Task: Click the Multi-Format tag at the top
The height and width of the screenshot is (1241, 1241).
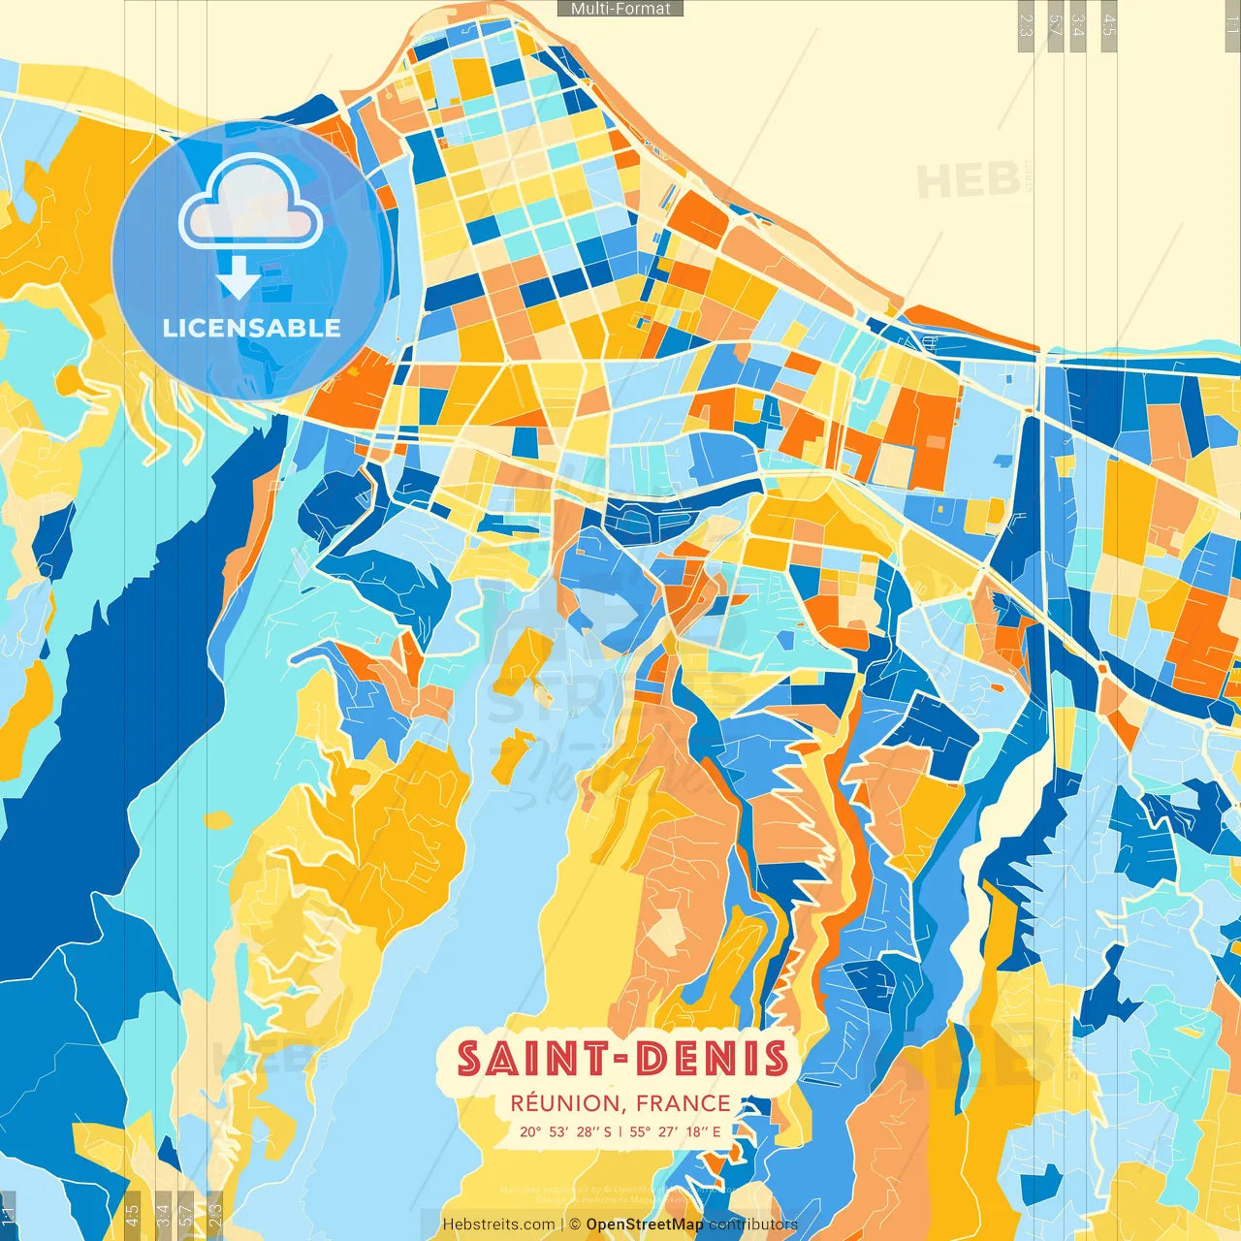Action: point(620,9)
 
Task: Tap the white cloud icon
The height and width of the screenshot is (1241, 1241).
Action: point(251,205)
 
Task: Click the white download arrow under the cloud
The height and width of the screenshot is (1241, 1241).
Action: point(239,277)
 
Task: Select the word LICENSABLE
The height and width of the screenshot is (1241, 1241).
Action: point(252,329)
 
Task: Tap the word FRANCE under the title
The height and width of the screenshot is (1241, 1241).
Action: point(684,1103)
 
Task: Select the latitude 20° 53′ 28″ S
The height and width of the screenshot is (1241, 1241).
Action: point(565,1131)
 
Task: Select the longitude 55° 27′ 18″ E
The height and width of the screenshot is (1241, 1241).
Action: point(675,1131)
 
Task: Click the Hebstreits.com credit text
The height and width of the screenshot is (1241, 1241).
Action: point(498,1225)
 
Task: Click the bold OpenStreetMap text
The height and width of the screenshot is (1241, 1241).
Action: point(645,1225)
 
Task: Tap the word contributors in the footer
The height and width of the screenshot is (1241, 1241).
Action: point(753,1225)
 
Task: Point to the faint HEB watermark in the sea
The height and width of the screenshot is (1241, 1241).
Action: point(970,180)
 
